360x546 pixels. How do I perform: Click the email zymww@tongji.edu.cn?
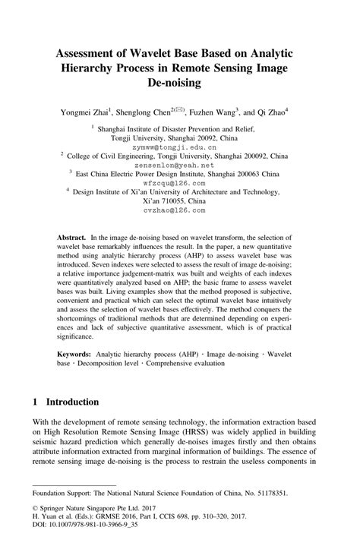(x=179, y=148)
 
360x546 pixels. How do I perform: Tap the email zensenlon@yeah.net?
(x=179, y=165)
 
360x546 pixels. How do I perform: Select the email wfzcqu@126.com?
(x=179, y=183)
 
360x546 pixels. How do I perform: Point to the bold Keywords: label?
(x=77, y=354)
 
